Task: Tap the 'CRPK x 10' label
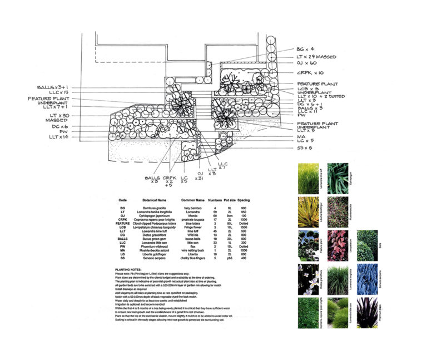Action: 310,73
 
